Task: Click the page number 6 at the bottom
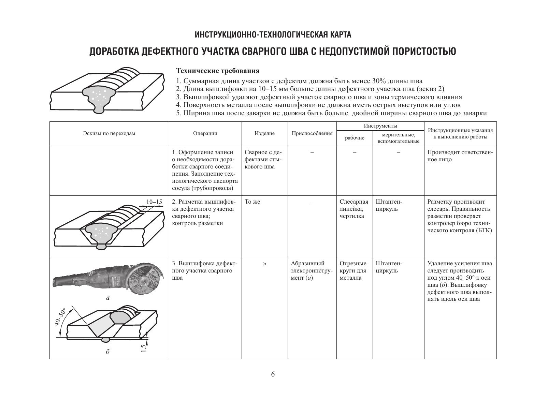click(x=273, y=374)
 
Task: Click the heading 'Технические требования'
click(x=218, y=71)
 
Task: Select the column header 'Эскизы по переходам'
click(x=109, y=133)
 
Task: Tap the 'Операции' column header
click(x=205, y=133)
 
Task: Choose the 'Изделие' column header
click(x=264, y=133)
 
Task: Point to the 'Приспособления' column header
click(x=312, y=133)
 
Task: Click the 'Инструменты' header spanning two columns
click(x=380, y=126)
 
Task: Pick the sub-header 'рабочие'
click(x=355, y=138)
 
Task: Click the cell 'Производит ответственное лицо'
click(x=460, y=156)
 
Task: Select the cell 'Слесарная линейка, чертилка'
click(x=354, y=209)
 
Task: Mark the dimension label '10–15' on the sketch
click(x=154, y=202)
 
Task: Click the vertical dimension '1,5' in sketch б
click(x=144, y=348)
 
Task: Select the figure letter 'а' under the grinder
click(x=108, y=298)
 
